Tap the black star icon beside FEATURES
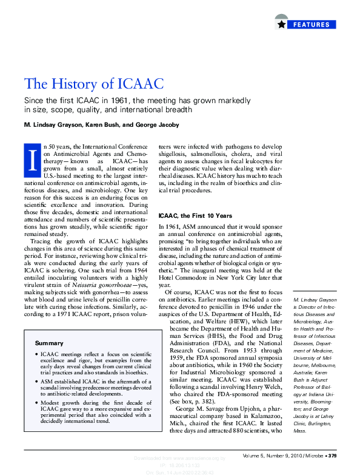click(281, 25)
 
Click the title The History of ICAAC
click(93, 84)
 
